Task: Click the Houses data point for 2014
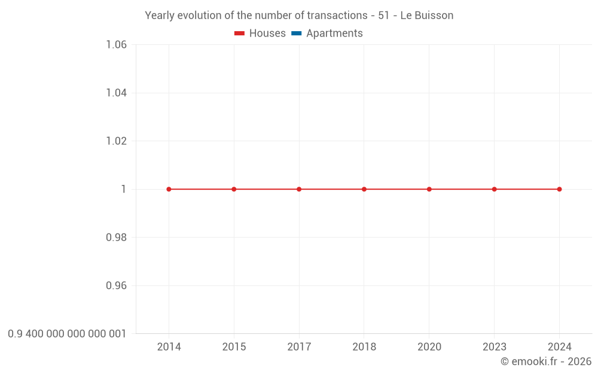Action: tap(169, 189)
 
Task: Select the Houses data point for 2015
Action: tap(234, 189)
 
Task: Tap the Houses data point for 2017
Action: tap(299, 189)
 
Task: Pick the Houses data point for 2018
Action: tap(364, 189)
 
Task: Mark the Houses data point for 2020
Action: tap(429, 189)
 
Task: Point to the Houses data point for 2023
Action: tap(495, 189)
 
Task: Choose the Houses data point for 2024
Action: tap(559, 189)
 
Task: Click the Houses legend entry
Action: tap(260, 34)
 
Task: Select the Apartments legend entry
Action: tap(327, 34)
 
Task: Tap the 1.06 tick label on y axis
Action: tap(116, 45)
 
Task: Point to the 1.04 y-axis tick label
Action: tap(116, 93)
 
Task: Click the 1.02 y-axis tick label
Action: tap(116, 141)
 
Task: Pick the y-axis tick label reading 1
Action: tap(124, 189)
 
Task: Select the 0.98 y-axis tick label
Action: tap(116, 238)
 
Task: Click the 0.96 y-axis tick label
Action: tap(116, 285)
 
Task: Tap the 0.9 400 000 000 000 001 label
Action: tap(67, 334)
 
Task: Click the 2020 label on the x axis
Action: tap(429, 347)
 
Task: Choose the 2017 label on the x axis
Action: tap(299, 347)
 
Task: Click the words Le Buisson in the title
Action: tap(426, 16)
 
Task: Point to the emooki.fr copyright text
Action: tap(546, 361)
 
